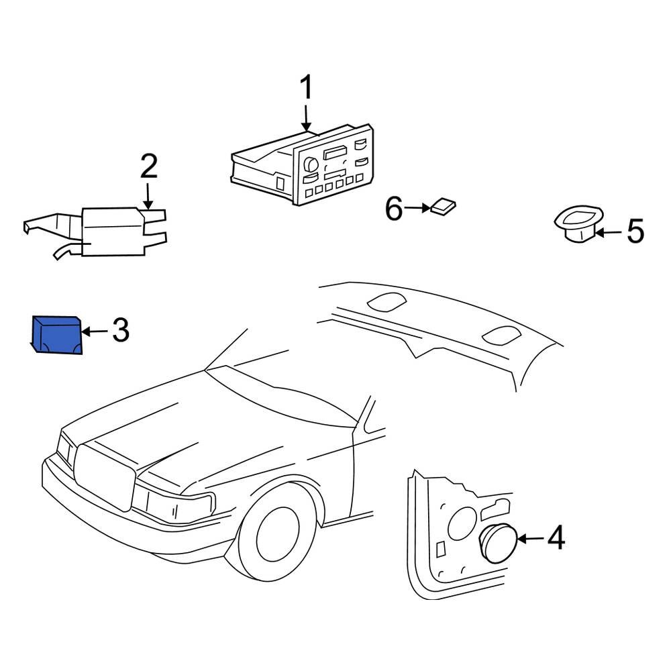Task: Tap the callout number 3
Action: (x=121, y=330)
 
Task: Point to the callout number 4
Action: (x=556, y=538)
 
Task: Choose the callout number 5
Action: (x=635, y=231)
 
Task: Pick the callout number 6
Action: (x=394, y=209)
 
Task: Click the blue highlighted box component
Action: (x=57, y=335)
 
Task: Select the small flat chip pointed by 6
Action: (x=443, y=206)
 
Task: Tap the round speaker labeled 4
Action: (x=499, y=543)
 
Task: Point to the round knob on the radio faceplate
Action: (x=311, y=164)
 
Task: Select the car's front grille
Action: (x=105, y=477)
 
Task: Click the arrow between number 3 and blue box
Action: (x=95, y=331)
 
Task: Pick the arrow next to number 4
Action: (x=531, y=538)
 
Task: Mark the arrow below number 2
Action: (x=148, y=197)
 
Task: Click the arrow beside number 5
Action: (x=609, y=232)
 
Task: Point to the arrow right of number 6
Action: (x=417, y=209)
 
